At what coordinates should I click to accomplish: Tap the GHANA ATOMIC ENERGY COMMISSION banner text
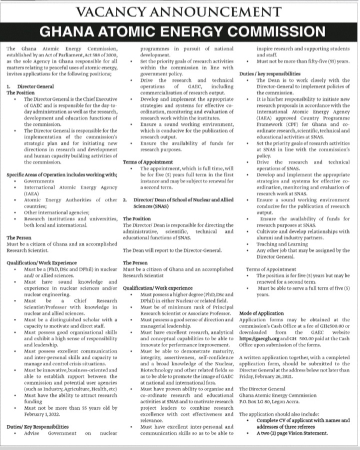pos(179,31)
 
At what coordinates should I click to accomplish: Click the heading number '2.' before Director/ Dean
pos(125,200)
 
